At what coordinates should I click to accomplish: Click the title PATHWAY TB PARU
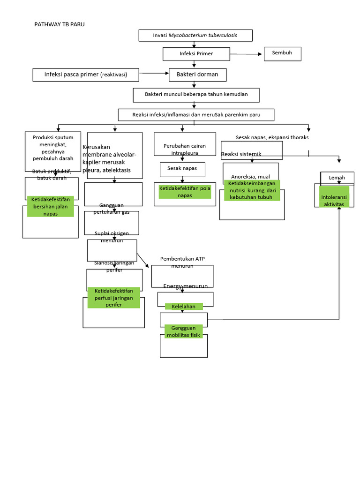pos(60,24)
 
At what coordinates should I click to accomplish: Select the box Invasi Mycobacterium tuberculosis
pos(195,36)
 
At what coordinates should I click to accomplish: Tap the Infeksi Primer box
pos(196,54)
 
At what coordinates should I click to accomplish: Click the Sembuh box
pos(282,53)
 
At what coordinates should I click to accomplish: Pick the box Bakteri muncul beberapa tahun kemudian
pos(196,95)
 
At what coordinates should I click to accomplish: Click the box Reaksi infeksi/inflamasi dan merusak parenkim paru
pos(196,115)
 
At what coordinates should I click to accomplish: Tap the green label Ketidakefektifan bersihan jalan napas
pos(51,206)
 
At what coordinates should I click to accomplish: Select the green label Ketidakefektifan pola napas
pos(185,192)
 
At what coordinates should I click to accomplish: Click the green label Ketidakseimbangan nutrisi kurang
pos(252,190)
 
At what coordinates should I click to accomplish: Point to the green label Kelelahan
pos(184,307)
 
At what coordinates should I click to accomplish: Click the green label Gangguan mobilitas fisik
pos(183,331)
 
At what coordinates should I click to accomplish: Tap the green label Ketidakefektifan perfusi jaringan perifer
pos(113,298)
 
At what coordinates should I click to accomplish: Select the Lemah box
pos(337,178)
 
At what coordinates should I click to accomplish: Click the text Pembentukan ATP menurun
pos(182,262)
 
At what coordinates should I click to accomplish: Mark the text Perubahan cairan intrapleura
pos(185,149)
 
